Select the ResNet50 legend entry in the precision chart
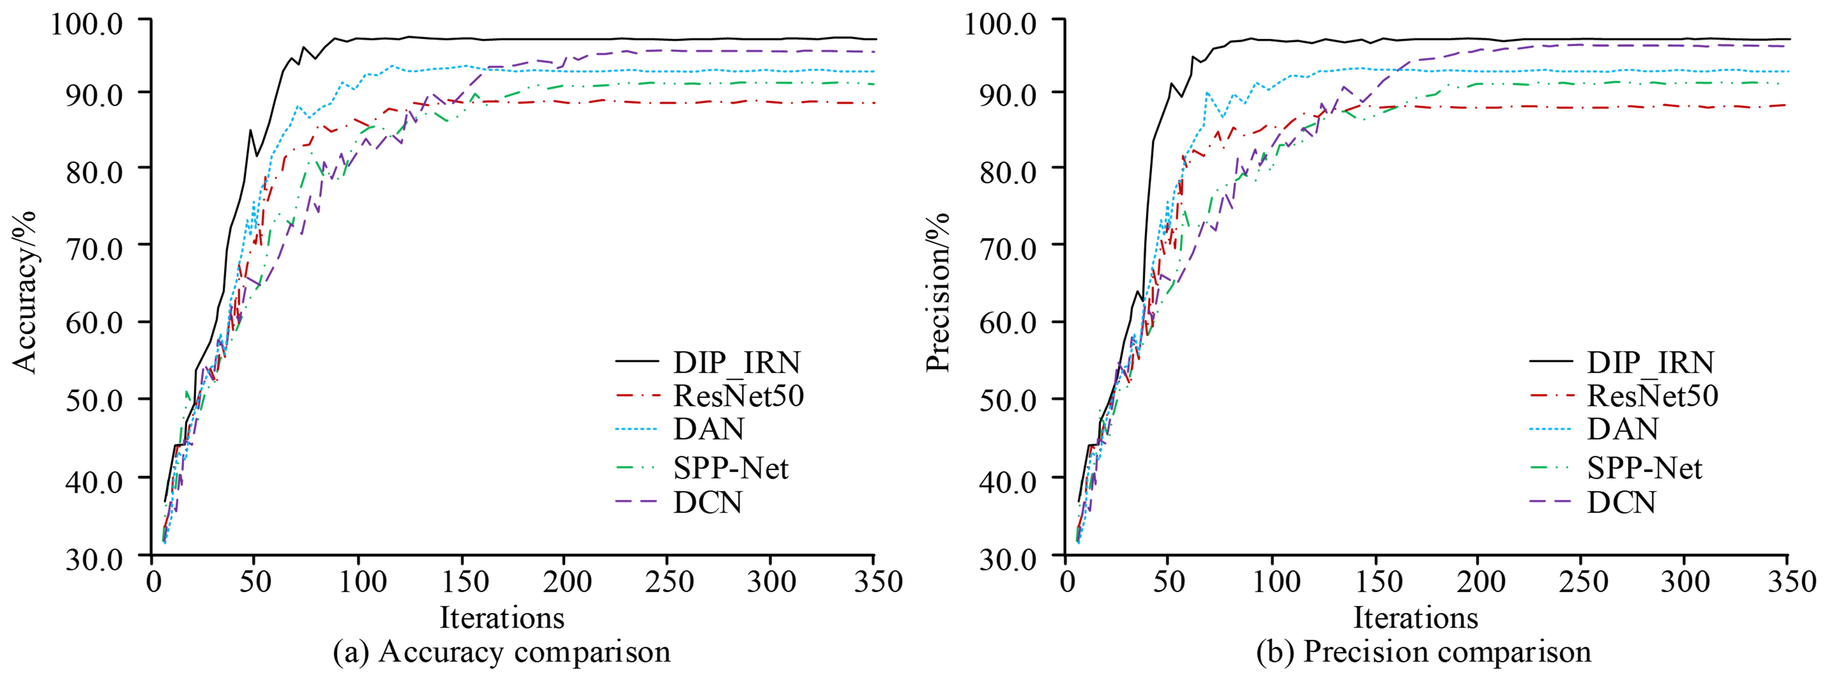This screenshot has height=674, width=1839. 1652,395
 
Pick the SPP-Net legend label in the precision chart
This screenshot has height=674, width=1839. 1644,468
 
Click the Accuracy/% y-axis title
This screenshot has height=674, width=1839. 24,293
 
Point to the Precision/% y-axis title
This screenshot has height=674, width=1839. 938,293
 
